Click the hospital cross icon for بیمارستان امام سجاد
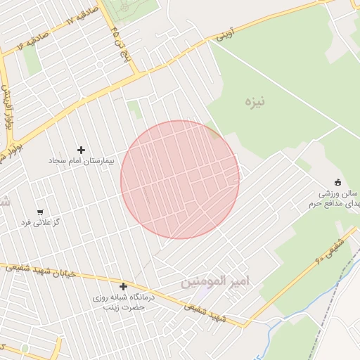tap(81, 150)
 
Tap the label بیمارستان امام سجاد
tap(81, 161)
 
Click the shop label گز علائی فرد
tap(40, 223)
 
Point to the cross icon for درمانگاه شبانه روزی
tap(123, 286)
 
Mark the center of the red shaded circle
tap(179, 179)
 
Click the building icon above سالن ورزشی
tap(337, 181)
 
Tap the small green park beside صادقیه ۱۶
tap(31, 59)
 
